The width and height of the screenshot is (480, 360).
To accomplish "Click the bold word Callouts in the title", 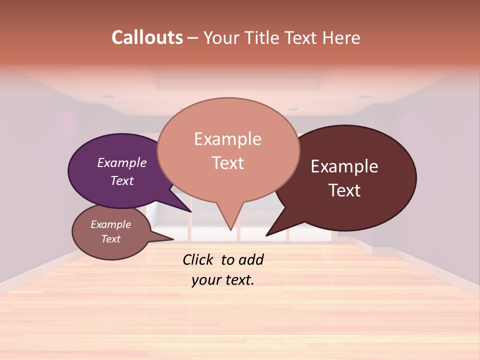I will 147,37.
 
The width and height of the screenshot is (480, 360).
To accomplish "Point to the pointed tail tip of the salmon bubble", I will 230,230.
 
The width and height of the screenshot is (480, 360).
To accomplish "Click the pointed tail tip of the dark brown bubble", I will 266,235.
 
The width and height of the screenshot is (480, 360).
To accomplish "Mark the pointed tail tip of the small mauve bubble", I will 173,239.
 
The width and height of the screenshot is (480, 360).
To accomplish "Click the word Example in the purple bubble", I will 122,162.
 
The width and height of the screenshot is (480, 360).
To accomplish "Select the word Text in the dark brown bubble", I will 344,190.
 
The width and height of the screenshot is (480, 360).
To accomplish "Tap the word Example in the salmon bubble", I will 228,139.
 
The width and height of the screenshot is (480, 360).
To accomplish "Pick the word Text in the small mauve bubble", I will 111,239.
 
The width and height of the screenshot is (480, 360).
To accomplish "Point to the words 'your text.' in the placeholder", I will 223,280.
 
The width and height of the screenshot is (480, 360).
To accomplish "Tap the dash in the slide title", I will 193,38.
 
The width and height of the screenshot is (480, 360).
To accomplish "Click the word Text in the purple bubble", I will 122,180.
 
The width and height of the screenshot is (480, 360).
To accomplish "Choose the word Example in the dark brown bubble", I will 344,166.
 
